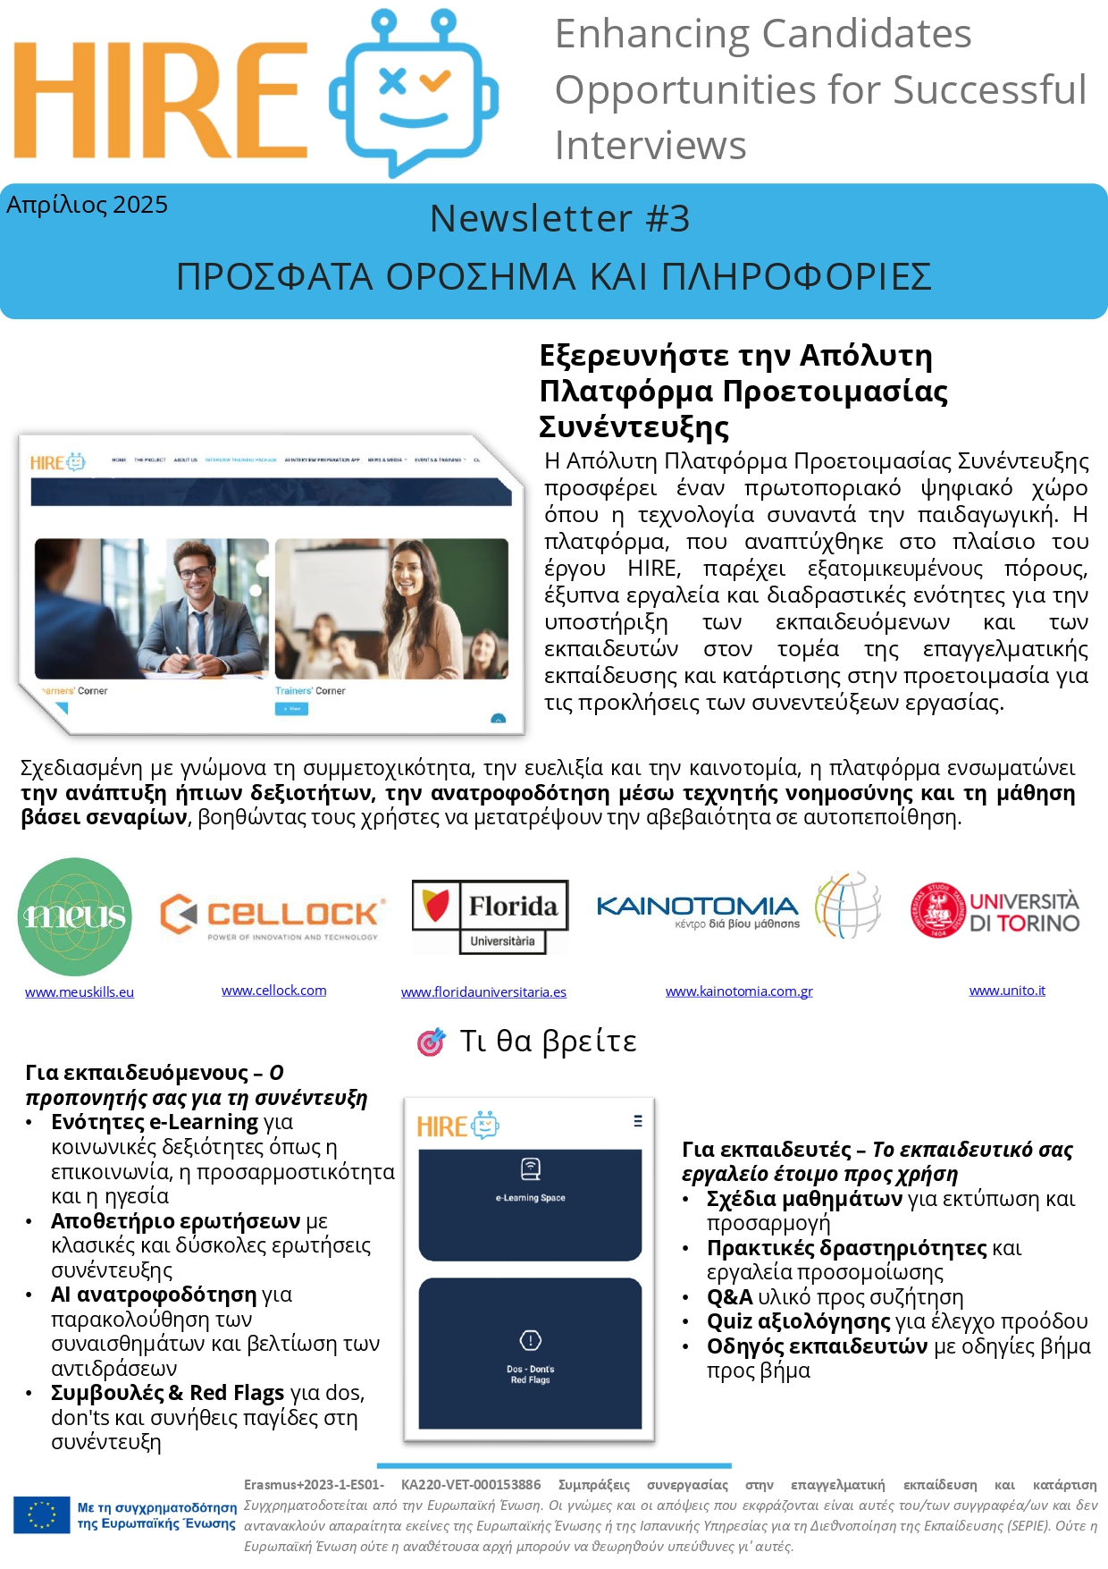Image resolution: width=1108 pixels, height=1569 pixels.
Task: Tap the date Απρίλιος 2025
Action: click(87, 205)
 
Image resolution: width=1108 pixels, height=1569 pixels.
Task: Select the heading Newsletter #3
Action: click(559, 218)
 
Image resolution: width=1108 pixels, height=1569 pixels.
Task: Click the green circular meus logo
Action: click(75, 916)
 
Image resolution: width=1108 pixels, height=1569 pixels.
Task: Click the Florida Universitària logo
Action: click(490, 916)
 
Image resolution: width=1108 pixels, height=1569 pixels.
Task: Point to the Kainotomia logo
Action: click(737, 909)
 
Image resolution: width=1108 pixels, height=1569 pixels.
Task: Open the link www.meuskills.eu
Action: click(80, 991)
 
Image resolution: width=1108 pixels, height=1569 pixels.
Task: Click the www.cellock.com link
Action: click(273, 991)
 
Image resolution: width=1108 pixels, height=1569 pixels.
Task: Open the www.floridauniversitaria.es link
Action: click(483, 991)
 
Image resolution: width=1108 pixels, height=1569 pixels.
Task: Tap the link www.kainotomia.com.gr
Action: click(739, 991)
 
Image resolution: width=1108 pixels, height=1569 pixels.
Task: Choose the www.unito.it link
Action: click(1007, 991)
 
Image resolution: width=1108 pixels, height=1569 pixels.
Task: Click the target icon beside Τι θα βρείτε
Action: click(432, 1042)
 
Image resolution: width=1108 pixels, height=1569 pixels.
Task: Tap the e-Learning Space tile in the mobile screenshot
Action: click(530, 1203)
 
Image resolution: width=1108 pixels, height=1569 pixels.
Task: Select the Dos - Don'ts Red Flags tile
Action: click(530, 1352)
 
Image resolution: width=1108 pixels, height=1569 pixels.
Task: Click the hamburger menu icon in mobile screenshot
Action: click(637, 1120)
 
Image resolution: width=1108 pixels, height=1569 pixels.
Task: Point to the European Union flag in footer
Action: click(41, 1514)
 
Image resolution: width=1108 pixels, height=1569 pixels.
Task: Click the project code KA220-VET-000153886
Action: click(471, 1485)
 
